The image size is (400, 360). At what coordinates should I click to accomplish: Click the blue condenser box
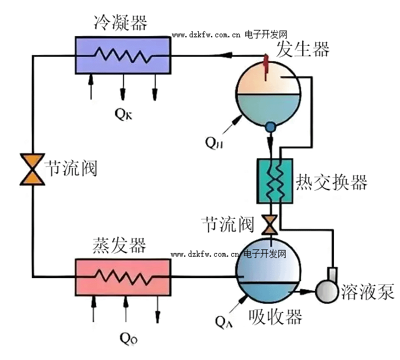(122, 54)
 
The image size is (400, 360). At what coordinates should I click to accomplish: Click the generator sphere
(268, 92)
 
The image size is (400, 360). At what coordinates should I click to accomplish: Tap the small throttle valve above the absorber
(268, 225)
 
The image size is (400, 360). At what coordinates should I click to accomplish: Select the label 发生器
(303, 48)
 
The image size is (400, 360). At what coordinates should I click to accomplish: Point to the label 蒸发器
(119, 245)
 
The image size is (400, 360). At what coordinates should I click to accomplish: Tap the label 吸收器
(276, 317)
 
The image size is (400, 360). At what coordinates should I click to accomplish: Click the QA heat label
(223, 319)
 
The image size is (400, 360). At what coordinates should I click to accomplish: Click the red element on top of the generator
(267, 62)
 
